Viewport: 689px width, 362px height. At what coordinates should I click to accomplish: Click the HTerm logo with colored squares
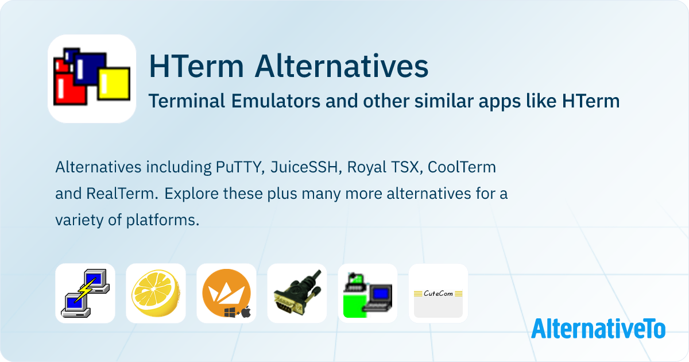pos(92,79)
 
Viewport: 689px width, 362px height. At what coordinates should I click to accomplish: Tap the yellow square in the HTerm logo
pos(114,84)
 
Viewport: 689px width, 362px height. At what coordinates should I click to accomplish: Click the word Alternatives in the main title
pos(342,66)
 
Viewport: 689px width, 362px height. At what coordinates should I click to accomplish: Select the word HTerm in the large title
pos(196,66)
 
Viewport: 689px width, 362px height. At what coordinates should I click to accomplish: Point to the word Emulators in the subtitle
pos(276,101)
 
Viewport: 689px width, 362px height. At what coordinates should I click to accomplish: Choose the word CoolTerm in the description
pos(462,167)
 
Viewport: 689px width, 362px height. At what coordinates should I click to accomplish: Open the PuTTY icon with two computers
pos(85,293)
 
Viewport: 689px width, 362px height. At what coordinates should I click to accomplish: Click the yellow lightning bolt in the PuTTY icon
pos(86,290)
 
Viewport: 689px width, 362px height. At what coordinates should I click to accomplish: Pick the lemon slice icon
pos(156,293)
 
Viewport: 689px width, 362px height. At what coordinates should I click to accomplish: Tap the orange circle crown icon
pos(226,293)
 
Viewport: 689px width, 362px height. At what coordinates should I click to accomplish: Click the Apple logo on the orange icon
pos(246,312)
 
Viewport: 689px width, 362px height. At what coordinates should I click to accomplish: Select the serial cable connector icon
pos(297,293)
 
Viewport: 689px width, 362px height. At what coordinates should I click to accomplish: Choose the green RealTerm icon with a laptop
pos(367,293)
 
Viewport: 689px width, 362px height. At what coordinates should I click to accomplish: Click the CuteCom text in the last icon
pos(438,294)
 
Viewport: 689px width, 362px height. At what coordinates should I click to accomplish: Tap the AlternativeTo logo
pos(598,328)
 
